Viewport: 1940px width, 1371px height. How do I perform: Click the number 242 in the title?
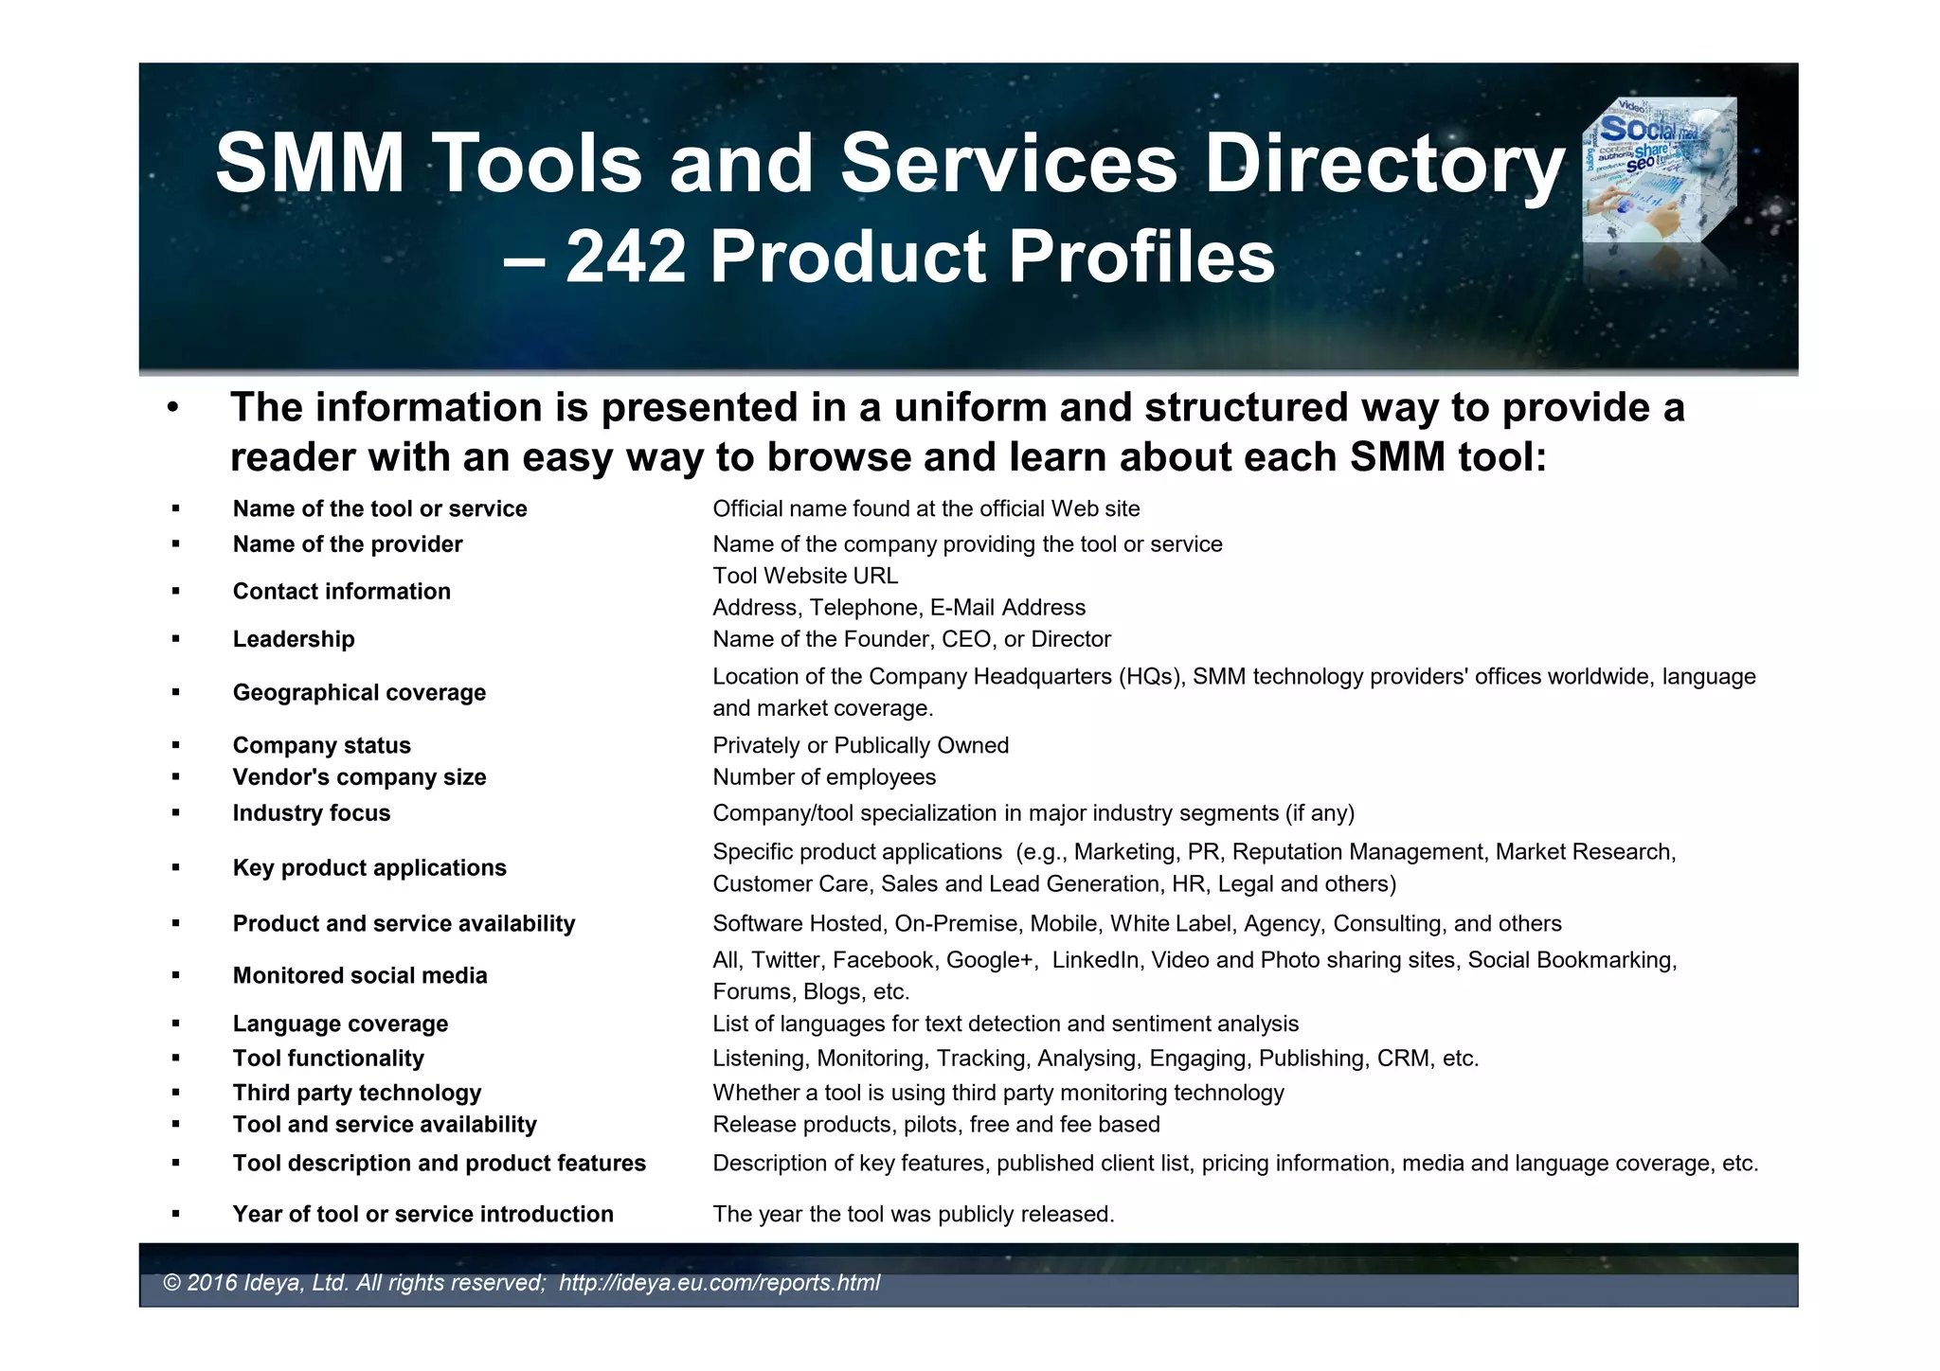(625, 257)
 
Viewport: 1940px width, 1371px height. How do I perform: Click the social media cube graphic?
(1660, 170)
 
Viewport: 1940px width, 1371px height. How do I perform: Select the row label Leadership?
(294, 639)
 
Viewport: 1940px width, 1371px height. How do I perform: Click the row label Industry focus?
(312, 813)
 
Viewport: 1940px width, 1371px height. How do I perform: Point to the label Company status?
(322, 745)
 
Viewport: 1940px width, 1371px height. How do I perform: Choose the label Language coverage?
(340, 1024)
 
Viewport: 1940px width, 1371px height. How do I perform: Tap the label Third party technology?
(357, 1093)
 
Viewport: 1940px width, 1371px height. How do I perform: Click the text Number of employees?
(824, 777)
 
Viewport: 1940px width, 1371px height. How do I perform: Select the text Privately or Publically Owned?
(860, 745)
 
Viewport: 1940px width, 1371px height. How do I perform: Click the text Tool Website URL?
(805, 576)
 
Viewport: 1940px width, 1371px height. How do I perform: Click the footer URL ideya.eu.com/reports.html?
(719, 1283)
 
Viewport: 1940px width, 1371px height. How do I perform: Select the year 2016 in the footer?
(212, 1283)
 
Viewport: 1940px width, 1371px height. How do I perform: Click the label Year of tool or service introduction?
(422, 1214)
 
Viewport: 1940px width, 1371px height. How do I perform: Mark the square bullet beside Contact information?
(176, 592)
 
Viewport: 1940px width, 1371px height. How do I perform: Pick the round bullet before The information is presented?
(171, 409)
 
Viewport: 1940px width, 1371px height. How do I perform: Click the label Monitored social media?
(360, 975)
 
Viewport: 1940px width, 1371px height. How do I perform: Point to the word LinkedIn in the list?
(1095, 960)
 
